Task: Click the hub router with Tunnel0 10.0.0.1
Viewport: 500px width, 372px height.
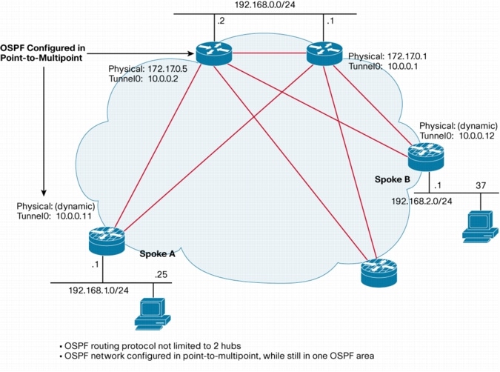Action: point(324,52)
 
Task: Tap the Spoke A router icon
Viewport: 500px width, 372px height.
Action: point(104,240)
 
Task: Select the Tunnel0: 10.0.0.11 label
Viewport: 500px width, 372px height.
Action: point(49,215)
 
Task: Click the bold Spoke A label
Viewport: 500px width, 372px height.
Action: point(157,253)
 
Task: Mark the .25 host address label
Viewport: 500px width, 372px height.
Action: point(159,275)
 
